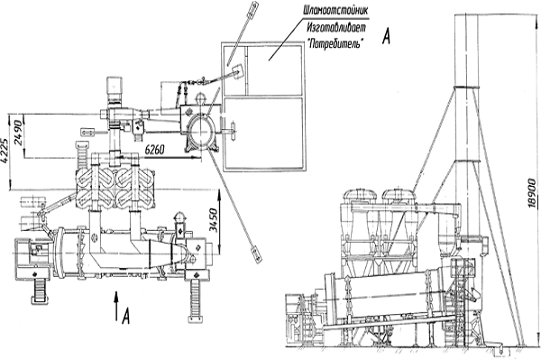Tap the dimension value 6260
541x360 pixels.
coord(154,150)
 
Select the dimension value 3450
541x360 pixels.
coord(214,220)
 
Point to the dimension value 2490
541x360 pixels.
coord(18,133)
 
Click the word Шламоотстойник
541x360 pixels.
coord(335,11)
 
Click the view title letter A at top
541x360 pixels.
coord(387,36)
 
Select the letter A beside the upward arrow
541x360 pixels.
coord(126,316)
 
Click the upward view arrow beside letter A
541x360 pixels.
coord(116,306)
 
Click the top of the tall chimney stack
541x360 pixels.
coord(466,15)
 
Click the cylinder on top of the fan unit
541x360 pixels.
coord(115,88)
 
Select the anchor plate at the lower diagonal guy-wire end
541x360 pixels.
coord(256,253)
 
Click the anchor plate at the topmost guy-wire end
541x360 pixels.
coord(252,9)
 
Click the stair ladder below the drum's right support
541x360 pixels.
coord(196,301)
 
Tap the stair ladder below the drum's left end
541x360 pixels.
coord(40,291)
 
